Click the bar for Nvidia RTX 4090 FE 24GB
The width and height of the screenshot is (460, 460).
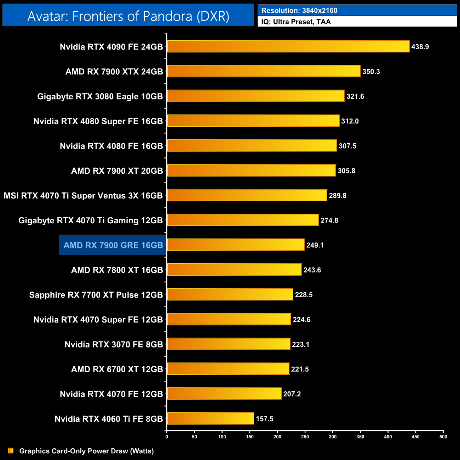click(288, 46)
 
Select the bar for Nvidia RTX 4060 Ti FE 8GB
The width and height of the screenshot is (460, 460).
click(210, 418)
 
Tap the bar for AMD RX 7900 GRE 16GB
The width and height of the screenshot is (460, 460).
click(236, 245)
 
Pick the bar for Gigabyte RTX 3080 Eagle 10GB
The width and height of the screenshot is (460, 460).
click(255, 96)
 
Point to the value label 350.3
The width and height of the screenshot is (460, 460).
click(371, 71)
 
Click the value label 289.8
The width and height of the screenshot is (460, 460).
click(338, 195)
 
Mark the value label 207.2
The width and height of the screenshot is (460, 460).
click(292, 394)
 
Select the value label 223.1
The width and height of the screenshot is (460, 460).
click(300, 344)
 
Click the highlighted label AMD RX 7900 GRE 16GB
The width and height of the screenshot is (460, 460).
click(113, 245)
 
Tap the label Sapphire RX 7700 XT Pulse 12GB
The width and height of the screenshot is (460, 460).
click(96, 295)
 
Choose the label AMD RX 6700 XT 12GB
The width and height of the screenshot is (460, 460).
click(117, 369)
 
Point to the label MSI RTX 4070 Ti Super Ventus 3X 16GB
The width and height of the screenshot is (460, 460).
click(83, 195)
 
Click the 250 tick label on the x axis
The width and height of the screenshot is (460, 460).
click(305, 437)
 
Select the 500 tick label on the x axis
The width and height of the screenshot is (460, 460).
click(443, 437)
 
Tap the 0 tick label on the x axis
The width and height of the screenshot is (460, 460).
click(167, 437)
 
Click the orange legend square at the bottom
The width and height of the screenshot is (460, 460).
click(11, 451)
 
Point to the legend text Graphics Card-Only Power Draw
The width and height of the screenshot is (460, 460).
click(86, 451)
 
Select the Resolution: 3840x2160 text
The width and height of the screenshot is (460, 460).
click(299, 10)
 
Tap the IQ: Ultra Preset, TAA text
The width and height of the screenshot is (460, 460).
click(296, 22)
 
